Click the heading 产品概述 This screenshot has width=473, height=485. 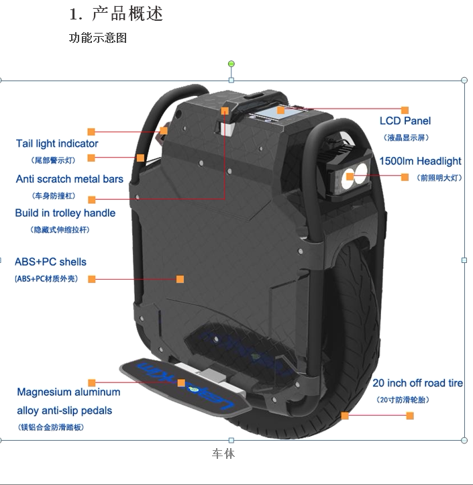click(127, 13)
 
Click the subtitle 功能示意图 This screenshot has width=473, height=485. click(98, 38)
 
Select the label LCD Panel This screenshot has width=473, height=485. click(405, 121)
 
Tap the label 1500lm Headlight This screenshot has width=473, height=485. click(420, 161)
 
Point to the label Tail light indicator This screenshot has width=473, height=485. click(57, 144)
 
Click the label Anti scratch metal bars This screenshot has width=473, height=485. click(70, 179)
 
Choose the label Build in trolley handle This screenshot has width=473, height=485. click(65, 213)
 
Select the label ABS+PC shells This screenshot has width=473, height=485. click(50, 262)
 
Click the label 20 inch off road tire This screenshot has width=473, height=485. click(417, 383)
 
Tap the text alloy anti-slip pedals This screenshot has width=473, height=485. click(64, 410)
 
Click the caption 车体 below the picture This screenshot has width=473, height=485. click(223, 454)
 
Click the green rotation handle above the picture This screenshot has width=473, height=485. click(231, 64)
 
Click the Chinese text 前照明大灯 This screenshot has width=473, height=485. click(439, 178)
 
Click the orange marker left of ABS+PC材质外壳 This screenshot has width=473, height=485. click(92, 279)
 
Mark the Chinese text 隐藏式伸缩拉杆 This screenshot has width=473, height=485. click(60, 230)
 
